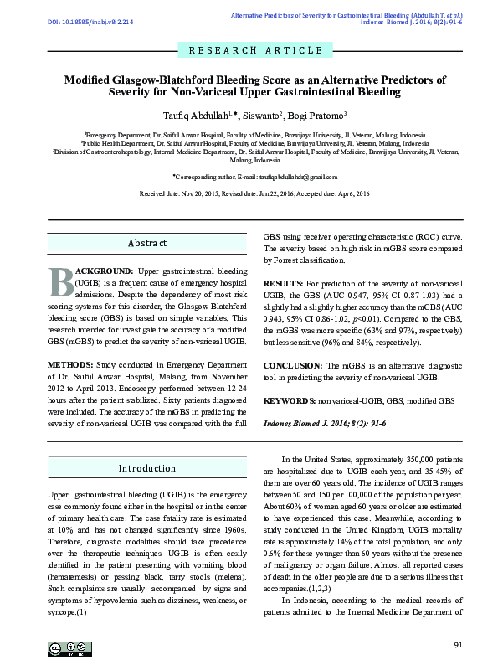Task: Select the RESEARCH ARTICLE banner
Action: [x=249, y=50]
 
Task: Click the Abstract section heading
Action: [x=146, y=243]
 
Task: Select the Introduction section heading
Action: [x=146, y=468]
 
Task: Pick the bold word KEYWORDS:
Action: [x=290, y=401]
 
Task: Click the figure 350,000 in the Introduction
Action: [x=398, y=460]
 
